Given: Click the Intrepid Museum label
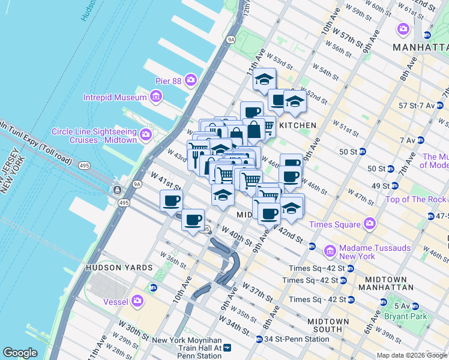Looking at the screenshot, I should (115, 97).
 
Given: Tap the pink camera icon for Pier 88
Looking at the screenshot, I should (191, 79).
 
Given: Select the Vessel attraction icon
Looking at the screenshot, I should (138, 300).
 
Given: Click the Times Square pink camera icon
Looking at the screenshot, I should (369, 224).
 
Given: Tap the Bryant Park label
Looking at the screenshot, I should (414, 316).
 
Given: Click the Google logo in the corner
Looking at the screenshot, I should (20, 352).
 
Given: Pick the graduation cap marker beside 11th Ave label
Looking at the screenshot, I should (264, 79).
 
